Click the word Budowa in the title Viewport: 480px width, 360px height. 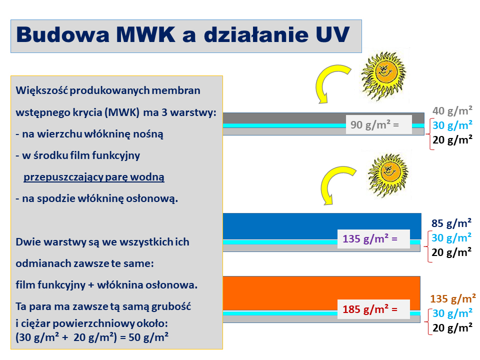[63, 34]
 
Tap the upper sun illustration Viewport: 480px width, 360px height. [384, 75]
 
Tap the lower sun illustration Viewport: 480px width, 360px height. [388, 175]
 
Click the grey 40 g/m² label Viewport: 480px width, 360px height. [452, 111]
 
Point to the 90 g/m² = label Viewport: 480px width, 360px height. [374, 125]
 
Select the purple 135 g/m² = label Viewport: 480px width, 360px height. [370, 239]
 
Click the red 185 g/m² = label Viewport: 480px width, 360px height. [370, 309]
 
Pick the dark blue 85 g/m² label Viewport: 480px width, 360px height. [451, 223]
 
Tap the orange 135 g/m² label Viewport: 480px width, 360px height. [453, 299]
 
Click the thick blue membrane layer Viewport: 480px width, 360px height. [322, 226]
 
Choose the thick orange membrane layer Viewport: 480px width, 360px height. [321, 293]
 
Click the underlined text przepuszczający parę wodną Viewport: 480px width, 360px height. [94, 177]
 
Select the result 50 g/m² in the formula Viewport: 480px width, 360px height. [148, 337]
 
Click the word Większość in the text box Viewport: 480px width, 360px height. [41, 91]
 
